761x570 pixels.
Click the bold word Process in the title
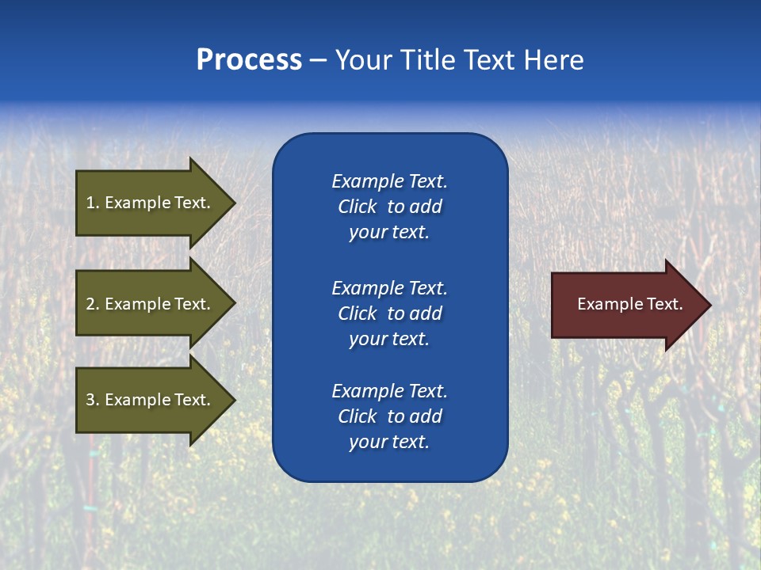point(249,60)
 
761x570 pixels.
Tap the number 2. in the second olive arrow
point(93,304)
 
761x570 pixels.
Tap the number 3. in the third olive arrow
point(93,400)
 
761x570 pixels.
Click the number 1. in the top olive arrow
point(93,203)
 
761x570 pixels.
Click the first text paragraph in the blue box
point(389,207)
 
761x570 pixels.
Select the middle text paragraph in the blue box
point(389,313)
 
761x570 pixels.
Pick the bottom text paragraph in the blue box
point(389,416)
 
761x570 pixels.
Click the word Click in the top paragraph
point(357,207)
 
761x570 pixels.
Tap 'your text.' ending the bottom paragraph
point(389,442)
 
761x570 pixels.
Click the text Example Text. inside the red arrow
point(629,304)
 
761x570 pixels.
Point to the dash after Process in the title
point(318,60)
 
